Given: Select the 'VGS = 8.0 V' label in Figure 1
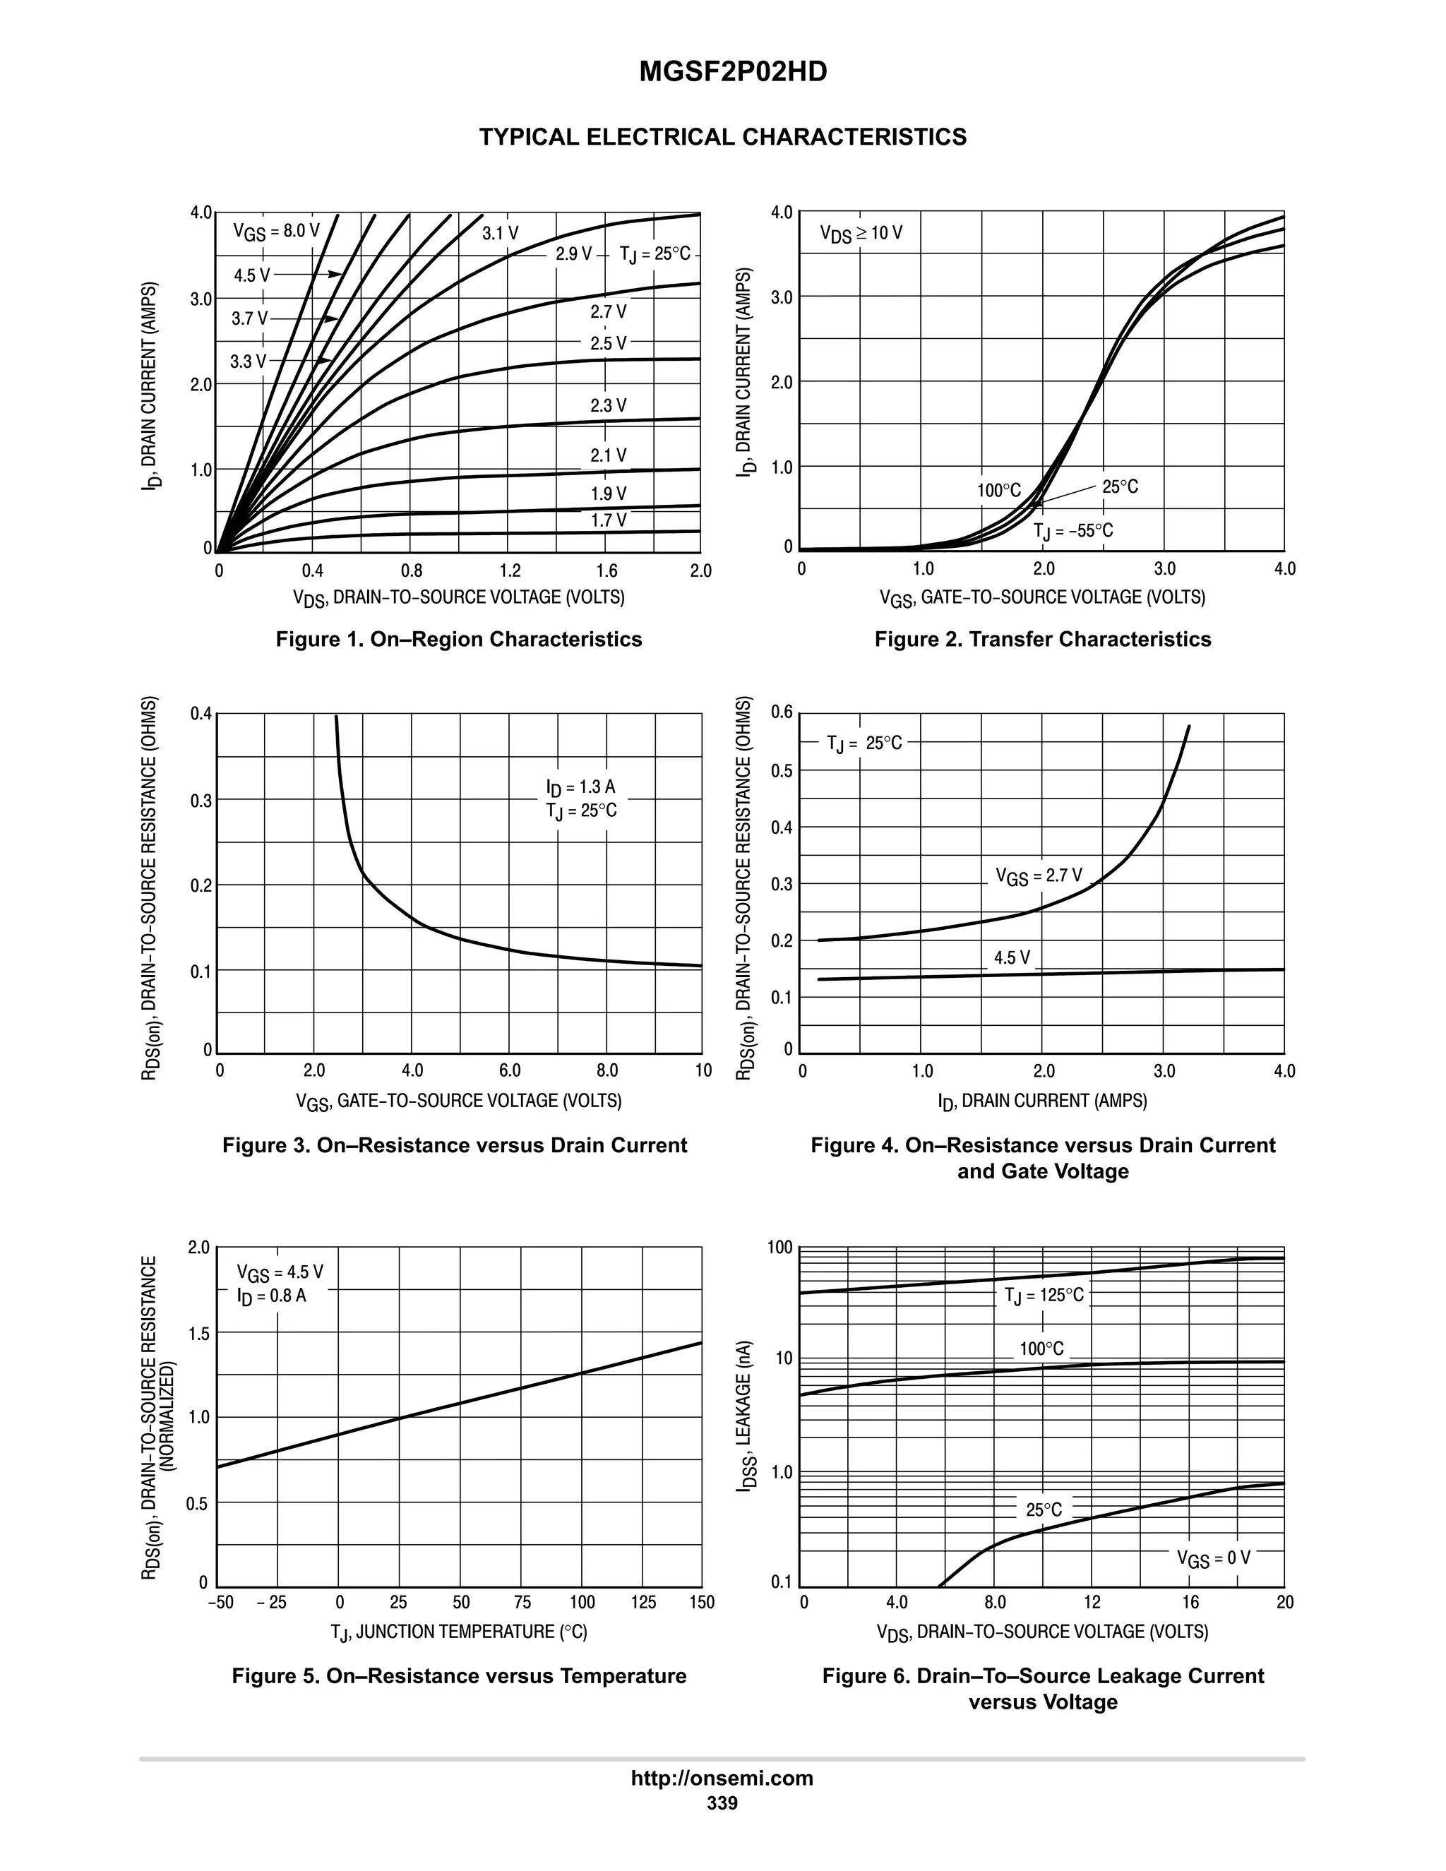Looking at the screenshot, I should (277, 232).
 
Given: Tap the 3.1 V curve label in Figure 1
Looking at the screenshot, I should (501, 233).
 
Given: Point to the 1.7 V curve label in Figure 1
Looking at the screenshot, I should (608, 520).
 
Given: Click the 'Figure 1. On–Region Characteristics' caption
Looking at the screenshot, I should (458, 639).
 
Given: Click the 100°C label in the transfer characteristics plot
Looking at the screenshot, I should (999, 490).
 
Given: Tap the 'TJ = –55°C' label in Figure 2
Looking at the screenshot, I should (1073, 531).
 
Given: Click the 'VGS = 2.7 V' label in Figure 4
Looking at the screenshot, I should (1038, 875).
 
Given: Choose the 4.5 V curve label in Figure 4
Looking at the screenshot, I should (1012, 957).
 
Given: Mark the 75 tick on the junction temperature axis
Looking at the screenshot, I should (522, 1602).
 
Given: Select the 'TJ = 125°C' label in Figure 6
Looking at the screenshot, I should (1044, 1294).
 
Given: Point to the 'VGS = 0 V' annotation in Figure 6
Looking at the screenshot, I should (1213, 1558).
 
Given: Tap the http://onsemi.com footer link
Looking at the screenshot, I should (722, 1778).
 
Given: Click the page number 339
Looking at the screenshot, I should (722, 1803).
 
